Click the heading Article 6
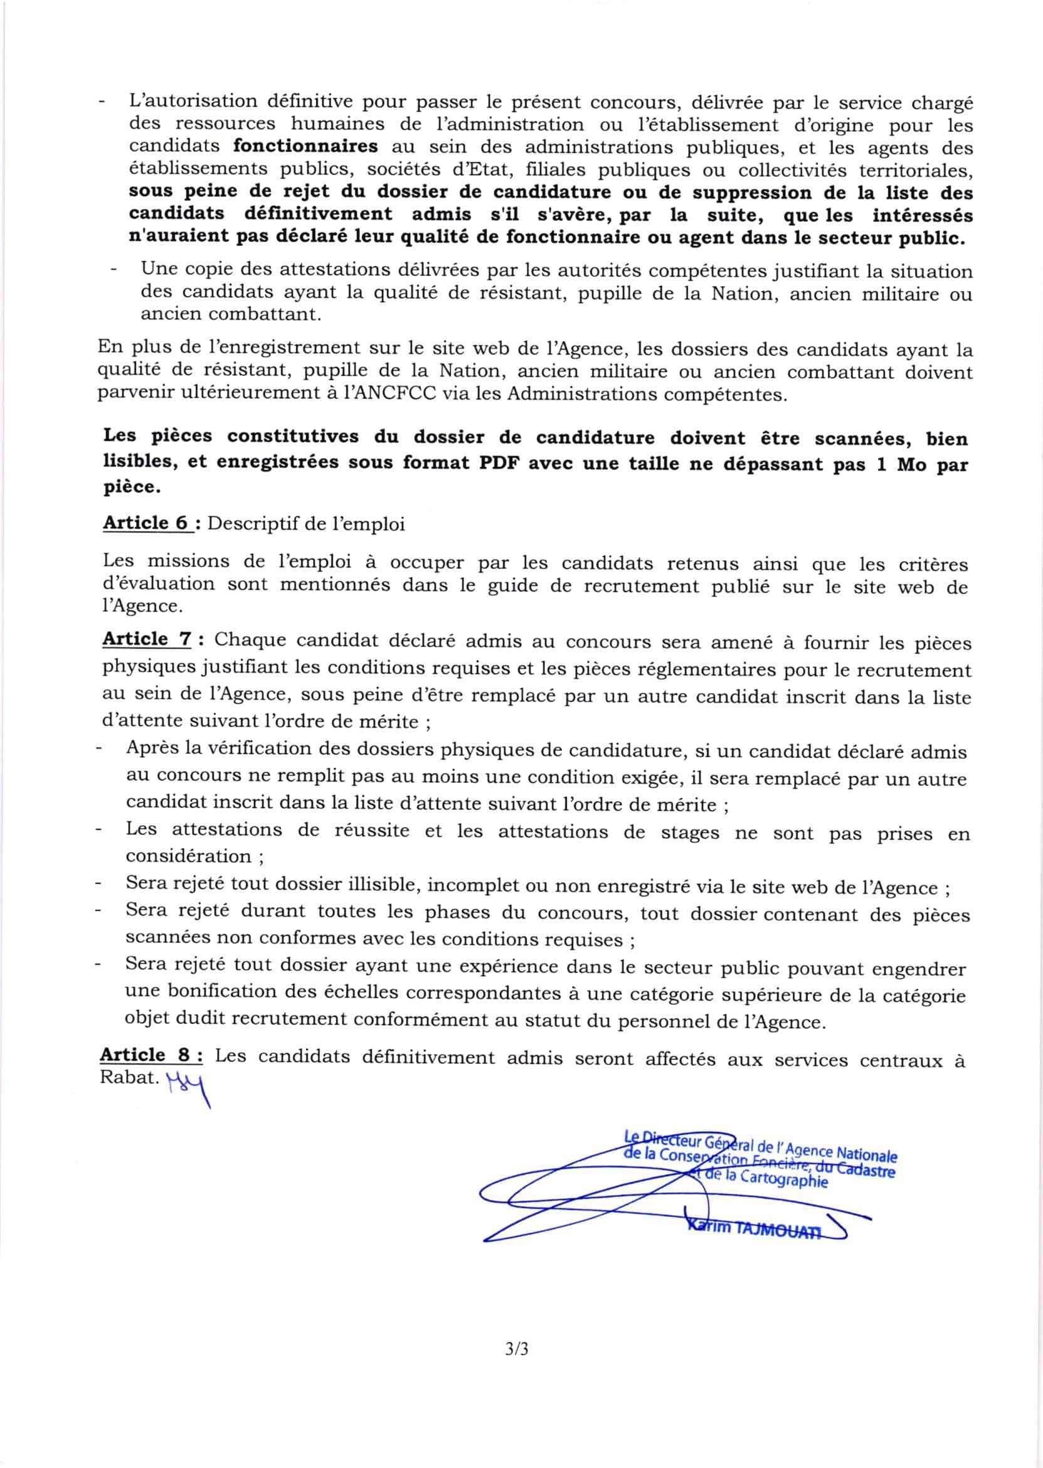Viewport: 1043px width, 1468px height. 146,523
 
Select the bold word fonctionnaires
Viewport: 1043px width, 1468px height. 305,146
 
